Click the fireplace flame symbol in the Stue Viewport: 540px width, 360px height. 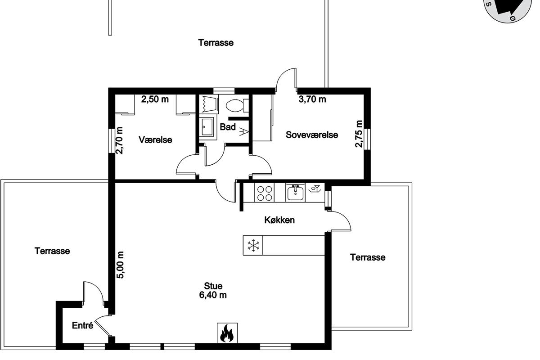(x=227, y=333)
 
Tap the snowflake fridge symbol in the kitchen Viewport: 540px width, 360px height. (x=253, y=245)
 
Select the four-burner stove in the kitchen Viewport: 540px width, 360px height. (x=265, y=193)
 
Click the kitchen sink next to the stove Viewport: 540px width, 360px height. (x=295, y=193)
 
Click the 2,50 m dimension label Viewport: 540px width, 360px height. (x=155, y=99)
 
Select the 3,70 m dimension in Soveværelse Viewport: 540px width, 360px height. (x=312, y=99)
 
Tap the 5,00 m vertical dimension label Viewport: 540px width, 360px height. (x=120, y=265)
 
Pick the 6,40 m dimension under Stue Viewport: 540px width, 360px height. (x=213, y=295)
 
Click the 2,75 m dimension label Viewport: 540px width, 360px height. (x=359, y=134)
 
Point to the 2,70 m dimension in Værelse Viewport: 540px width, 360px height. (x=119, y=140)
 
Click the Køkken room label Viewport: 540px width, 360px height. (x=279, y=220)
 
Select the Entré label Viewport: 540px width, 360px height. (x=82, y=325)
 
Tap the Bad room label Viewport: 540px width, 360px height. (x=228, y=127)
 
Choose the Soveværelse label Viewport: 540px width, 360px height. (x=312, y=135)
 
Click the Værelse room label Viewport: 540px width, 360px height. (x=155, y=140)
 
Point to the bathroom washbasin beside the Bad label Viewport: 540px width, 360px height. (x=207, y=127)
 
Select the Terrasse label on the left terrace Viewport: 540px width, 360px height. (x=52, y=251)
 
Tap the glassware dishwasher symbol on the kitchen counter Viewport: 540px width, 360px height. (x=314, y=189)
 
